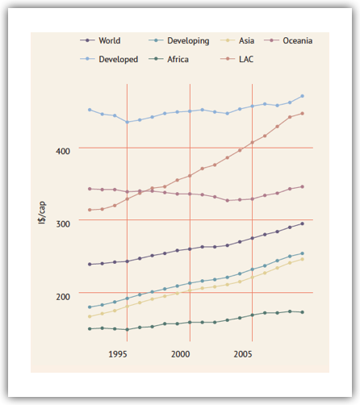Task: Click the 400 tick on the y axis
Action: coord(63,151)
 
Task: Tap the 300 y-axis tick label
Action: coord(63,223)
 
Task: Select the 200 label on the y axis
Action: coord(63,297)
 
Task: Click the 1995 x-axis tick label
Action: coord(118,354)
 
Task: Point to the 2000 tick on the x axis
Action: coord(180,354)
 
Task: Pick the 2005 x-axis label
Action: coord(243,354)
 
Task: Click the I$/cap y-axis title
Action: coord(42,212)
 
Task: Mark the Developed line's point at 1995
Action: coord(128,122)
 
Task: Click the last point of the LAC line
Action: coord(302,114)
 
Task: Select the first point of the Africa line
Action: coord(90,329)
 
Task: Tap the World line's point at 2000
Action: coord(190,249)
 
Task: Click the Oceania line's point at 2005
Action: coord(253,199)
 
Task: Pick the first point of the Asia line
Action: coord(90,317)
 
